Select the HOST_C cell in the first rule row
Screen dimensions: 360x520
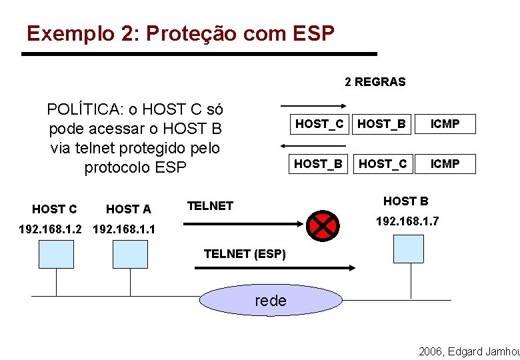319,124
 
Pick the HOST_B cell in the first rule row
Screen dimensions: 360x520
382,124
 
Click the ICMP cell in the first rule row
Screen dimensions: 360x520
445,124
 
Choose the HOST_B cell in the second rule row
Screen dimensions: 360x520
319,163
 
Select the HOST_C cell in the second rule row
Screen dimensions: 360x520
382,163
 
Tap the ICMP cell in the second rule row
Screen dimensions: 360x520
445,163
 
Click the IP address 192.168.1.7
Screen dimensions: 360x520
407,221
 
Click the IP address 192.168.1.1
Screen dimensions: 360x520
125,230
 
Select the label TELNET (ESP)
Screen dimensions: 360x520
245,254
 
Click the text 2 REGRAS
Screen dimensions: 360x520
375,82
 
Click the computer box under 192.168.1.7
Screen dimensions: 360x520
408,249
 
